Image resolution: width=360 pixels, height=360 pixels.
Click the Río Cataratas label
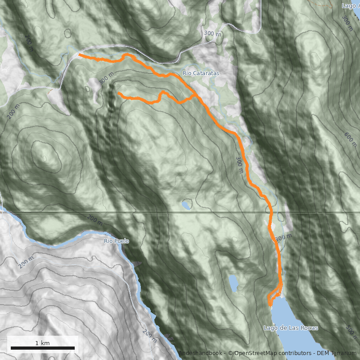pyautogui.click(x=200, y=73)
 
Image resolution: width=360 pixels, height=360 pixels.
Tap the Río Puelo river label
pyautogui.click(x=116, y=241)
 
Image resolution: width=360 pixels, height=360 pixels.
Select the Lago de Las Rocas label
pyautogui.click(x=291, y=328)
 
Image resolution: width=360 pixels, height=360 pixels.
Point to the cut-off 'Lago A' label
pyautogui.click(x=350, y=6)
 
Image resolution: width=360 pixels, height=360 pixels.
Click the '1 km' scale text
pyautogui.click(x=42, y=343)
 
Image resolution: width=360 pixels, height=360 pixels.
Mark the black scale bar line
pyautogui.click(x=42, y=348)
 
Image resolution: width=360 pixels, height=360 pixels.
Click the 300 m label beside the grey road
pyautogui.click(x=212, y=34)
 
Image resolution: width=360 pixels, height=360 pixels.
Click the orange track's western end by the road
pyautogui.click(x=80, y=54)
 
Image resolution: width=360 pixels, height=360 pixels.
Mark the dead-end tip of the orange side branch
pyautogui.click(x=119, y=93)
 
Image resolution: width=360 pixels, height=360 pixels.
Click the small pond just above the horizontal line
pyautogui.click(x=185, y=205)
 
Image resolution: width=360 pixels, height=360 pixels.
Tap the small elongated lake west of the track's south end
pyautogui.click(x=234, y=283)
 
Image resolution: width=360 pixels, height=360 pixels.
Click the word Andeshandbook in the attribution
pyautogui.click(x=200, y=354)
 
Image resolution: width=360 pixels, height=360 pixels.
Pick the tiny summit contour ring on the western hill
pyautogui.click(x=45, y=158)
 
